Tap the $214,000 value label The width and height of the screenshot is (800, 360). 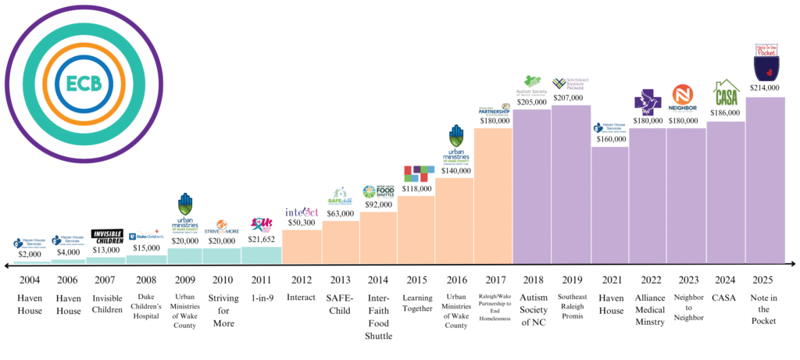point(765,88)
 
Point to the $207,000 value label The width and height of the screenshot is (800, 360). point(570,98)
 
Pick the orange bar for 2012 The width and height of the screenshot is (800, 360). point(300,246)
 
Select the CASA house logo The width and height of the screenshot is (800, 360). point(726,94)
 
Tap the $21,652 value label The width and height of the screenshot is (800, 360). point(261,239)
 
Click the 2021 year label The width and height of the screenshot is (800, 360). point(609,279)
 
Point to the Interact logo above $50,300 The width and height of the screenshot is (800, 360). point(301,212)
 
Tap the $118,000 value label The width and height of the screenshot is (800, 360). point(416,188)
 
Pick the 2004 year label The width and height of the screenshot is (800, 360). point(30,279)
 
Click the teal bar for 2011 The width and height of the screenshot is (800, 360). point(261,255)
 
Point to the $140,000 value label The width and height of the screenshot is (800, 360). point(455,170)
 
